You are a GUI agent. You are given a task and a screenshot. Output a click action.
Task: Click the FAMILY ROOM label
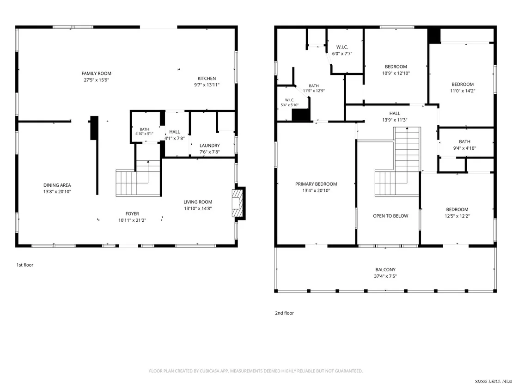(96, 73)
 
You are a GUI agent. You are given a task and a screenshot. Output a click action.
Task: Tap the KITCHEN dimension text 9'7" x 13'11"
(207, 85)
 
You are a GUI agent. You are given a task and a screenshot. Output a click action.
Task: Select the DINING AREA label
(57, 185)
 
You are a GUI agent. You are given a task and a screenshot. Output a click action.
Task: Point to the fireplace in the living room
(238, 203)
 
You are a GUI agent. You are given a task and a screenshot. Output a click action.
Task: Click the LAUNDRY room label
(210, 145)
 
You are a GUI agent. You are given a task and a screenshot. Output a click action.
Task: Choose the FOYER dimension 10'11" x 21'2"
(132, 220)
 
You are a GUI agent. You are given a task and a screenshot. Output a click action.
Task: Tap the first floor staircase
(139, 178)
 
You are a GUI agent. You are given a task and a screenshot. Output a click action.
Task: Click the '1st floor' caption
(25, 265)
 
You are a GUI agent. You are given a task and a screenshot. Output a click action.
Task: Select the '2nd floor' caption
(284, 313)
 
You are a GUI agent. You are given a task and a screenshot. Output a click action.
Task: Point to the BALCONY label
(385, 270)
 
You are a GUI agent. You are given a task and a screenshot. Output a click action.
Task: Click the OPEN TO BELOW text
(390, 216)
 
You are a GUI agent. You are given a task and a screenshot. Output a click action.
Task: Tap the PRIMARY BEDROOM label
(316, 184)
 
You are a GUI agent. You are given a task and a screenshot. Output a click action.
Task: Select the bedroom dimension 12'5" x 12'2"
(457, 216)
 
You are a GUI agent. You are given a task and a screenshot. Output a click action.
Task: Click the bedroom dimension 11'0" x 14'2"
(463, 91)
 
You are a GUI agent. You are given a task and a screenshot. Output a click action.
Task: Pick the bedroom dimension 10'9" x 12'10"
(396, 73)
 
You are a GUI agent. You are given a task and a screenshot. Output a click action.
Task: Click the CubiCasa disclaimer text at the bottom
(256, 371)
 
